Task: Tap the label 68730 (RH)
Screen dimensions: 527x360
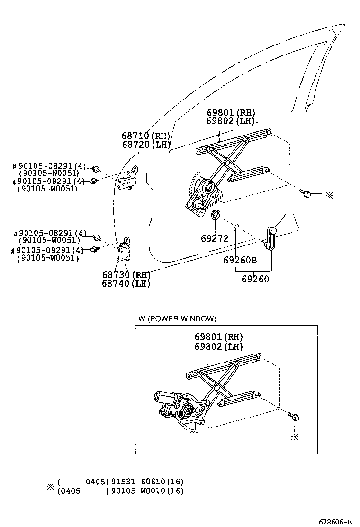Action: point(126,275)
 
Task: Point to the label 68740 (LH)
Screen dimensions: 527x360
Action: point(126,283)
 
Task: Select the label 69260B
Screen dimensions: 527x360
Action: point(240,260)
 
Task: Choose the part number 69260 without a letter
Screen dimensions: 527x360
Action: point(255,279)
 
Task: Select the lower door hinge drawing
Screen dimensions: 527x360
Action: point(125,249)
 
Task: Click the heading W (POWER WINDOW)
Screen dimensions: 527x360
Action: point(177,318)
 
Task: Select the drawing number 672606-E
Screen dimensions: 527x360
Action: point(334,522)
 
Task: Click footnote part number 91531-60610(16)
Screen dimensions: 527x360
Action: point(147,482)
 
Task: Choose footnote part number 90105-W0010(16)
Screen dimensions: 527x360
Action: point(147,491)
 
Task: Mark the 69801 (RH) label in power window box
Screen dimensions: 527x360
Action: point(218,337)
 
